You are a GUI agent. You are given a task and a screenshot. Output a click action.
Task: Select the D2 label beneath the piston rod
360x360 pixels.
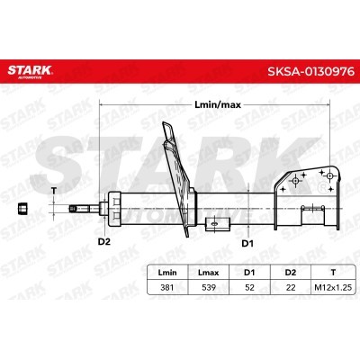(x=103, y=241)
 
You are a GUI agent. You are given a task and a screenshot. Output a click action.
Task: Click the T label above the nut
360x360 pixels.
(x=54, y=189)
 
